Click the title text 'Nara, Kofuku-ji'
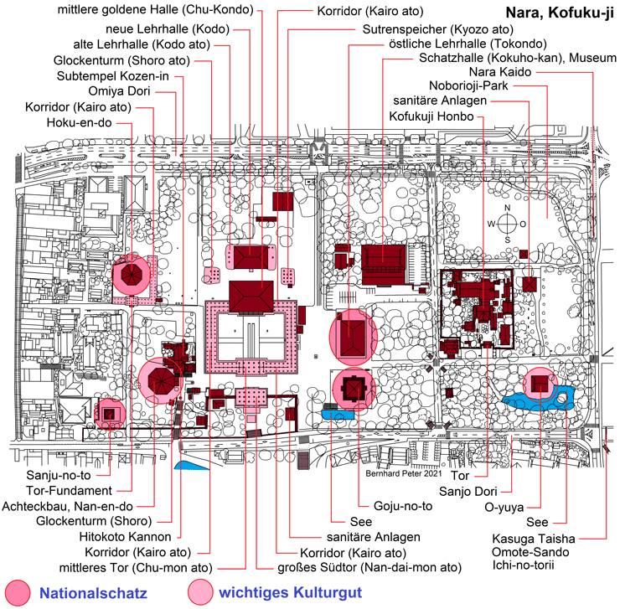tap(559, 13)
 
